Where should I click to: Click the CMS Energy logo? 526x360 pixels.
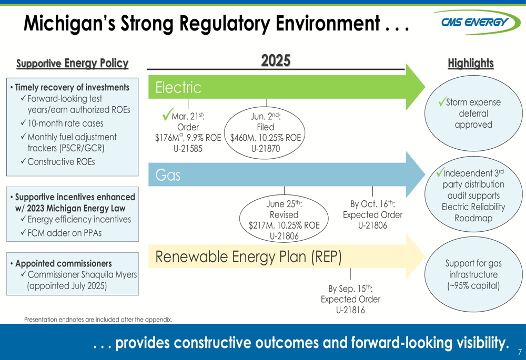point(477,22)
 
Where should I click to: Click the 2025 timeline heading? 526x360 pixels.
point(276,60)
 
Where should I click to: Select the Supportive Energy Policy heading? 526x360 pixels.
point(73,63)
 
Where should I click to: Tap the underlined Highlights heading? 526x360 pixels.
point(471,63)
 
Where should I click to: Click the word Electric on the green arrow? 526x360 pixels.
point(178,87)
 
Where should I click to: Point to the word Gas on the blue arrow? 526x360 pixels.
point(168,175)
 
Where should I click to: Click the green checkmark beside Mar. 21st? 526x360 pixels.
point(167,114)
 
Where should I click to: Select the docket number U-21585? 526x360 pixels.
point(188,149)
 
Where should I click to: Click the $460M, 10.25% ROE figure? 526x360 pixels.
point(265,138)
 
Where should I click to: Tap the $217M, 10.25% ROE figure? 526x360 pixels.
point(284,225)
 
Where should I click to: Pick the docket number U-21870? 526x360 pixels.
point(265,149)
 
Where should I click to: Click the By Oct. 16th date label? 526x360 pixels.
point(372,203)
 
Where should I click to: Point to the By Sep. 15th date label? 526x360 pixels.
point(350,289)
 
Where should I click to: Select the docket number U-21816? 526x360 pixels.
point(350,310)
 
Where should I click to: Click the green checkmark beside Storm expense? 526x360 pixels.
point(443,101)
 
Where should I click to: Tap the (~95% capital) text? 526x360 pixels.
point(473,285)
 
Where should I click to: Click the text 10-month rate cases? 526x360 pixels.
point(65,124)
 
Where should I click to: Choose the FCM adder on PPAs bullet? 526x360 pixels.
point(64,233)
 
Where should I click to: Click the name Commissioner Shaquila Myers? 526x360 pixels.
point(82,274)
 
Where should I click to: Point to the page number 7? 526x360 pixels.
point(520,352)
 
